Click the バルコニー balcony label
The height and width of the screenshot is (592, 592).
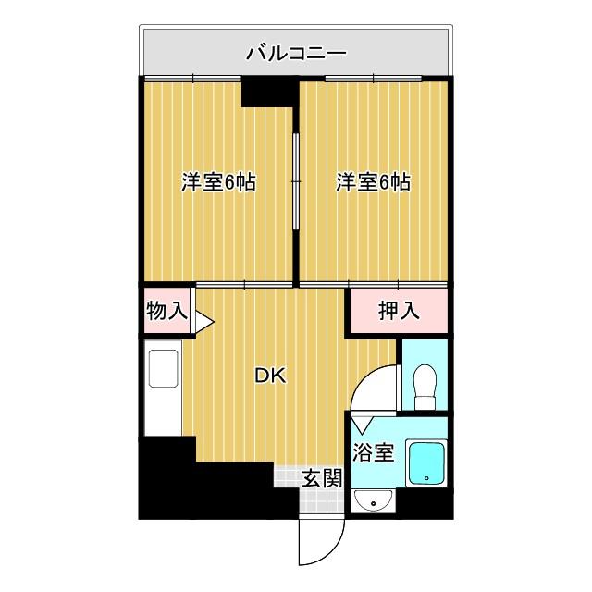pyautogui.click(x=296, y=54)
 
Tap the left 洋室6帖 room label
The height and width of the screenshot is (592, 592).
pyautogui.click(x=217, y=182)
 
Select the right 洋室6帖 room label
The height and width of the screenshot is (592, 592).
pyautogui.click(x=373, y=182)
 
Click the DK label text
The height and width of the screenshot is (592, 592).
pyautogui.click(x=270, y=376)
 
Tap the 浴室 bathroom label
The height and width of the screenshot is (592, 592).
pyautogui.click(x=374, y=452)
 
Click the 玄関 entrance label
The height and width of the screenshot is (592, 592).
pyautogui.click(x=323, y=478)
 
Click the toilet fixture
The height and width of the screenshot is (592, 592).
pyautogui.click(x=426, y=384)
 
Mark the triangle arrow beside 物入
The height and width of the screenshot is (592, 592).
pyautogui.click(x=203, y=322)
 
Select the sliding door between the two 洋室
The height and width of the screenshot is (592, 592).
pyautogui.click(x=296, y=180)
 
